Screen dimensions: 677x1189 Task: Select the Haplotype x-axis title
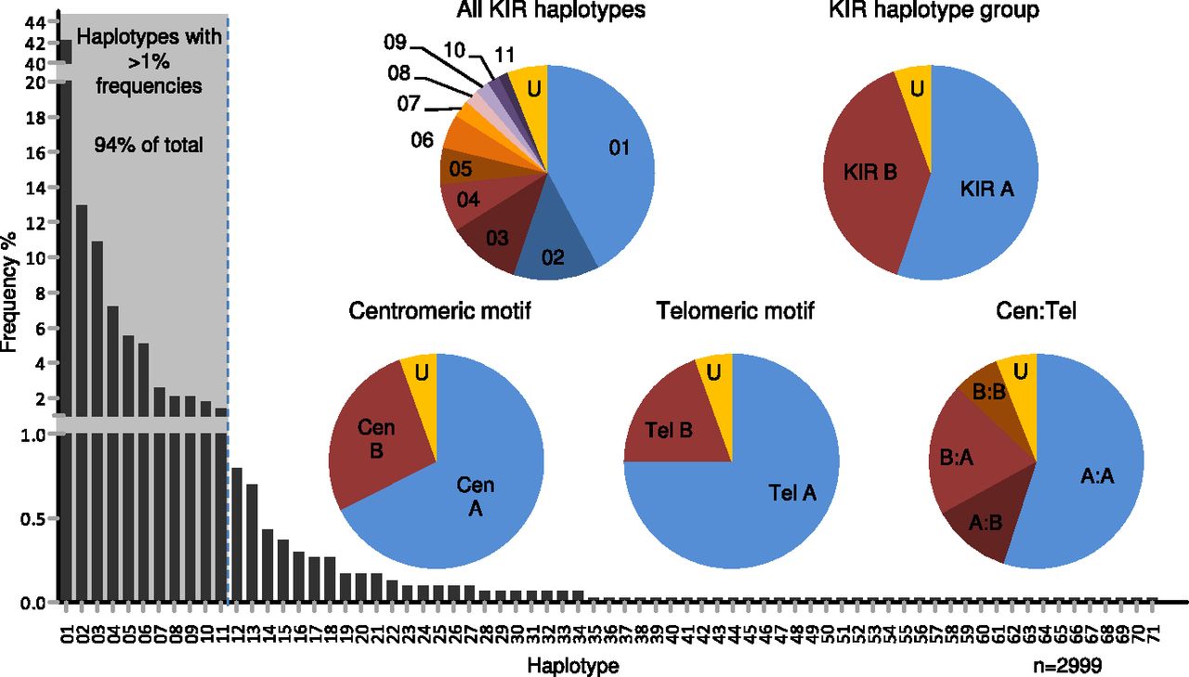click(573, 666)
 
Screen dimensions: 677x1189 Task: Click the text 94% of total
click(149, 145)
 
